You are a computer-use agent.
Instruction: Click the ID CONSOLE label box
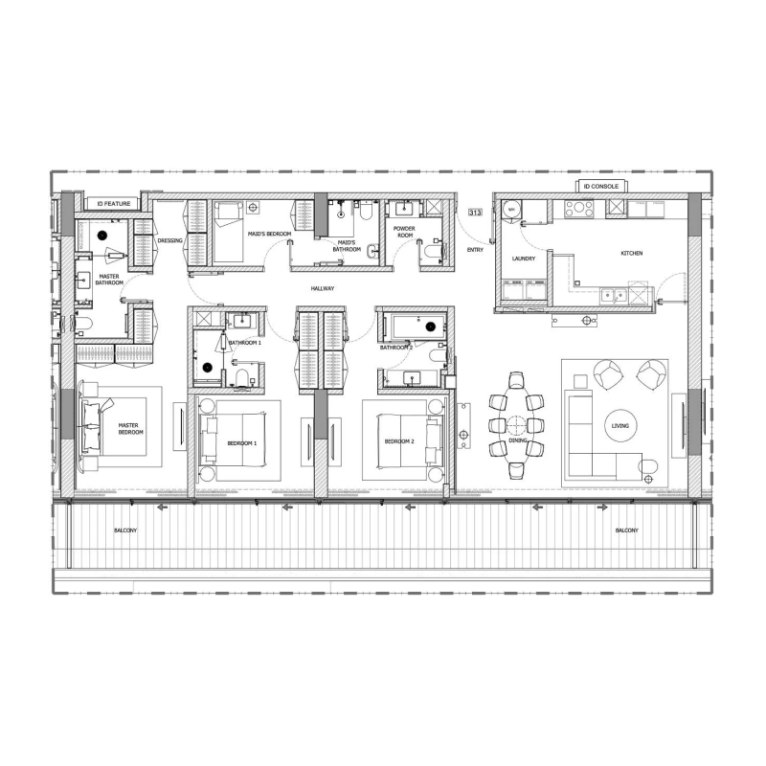point(601,186)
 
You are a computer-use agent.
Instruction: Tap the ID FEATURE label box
point(113,203)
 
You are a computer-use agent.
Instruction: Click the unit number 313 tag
point(475,213)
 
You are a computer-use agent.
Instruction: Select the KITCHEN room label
point(631,253)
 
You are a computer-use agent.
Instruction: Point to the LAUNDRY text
point(523,259)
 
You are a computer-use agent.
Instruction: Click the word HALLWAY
point(323,288)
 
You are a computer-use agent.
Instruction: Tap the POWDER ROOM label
point(403,233)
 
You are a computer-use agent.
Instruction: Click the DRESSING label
point(169,240)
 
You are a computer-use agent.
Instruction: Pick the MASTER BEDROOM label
point(130,428)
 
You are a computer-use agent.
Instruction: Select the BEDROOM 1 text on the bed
point(241,441)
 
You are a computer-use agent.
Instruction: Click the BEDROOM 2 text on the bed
point(398,441)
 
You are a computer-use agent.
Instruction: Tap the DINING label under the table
point(517,466)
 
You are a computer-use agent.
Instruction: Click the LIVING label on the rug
point(620,426)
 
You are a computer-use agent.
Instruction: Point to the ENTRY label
point(475,249)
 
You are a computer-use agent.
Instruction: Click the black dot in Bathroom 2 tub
point(432,327)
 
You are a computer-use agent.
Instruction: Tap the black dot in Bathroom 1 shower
point(206,365)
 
